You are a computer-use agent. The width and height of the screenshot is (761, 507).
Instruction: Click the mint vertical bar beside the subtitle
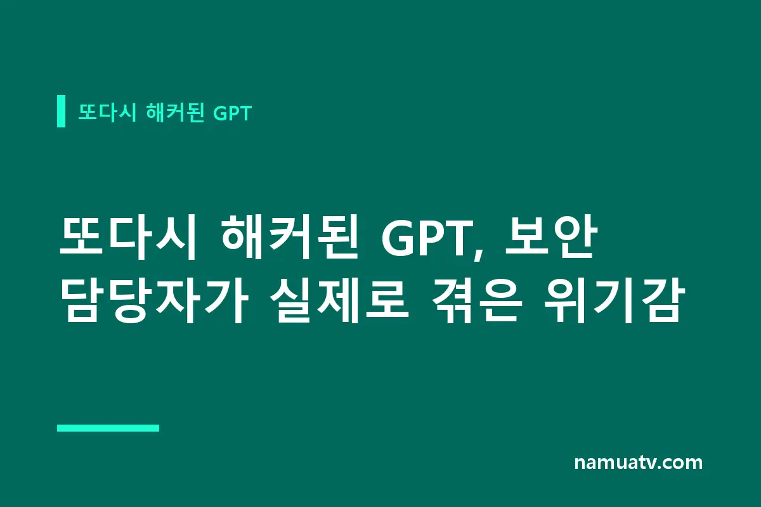point(61,111)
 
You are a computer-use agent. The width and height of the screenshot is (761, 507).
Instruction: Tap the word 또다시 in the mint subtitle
point(107,112)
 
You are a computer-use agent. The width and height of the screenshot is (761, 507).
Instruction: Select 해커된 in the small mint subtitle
point(174,112)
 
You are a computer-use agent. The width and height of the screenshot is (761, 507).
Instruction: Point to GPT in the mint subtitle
point(232,113)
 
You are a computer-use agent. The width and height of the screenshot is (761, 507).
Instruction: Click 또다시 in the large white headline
point(127,236)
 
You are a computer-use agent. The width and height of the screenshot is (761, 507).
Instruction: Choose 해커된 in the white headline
point(289,236)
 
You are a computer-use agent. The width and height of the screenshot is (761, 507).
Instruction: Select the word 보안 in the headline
point(550,236)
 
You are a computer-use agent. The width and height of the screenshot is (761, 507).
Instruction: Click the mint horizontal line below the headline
point(108,428)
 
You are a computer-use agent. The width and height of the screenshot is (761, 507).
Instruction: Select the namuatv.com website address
point(639,463)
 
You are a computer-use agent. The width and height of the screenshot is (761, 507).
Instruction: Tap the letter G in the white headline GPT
point(398,238)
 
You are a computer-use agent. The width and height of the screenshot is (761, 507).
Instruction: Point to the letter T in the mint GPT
point(245,113)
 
